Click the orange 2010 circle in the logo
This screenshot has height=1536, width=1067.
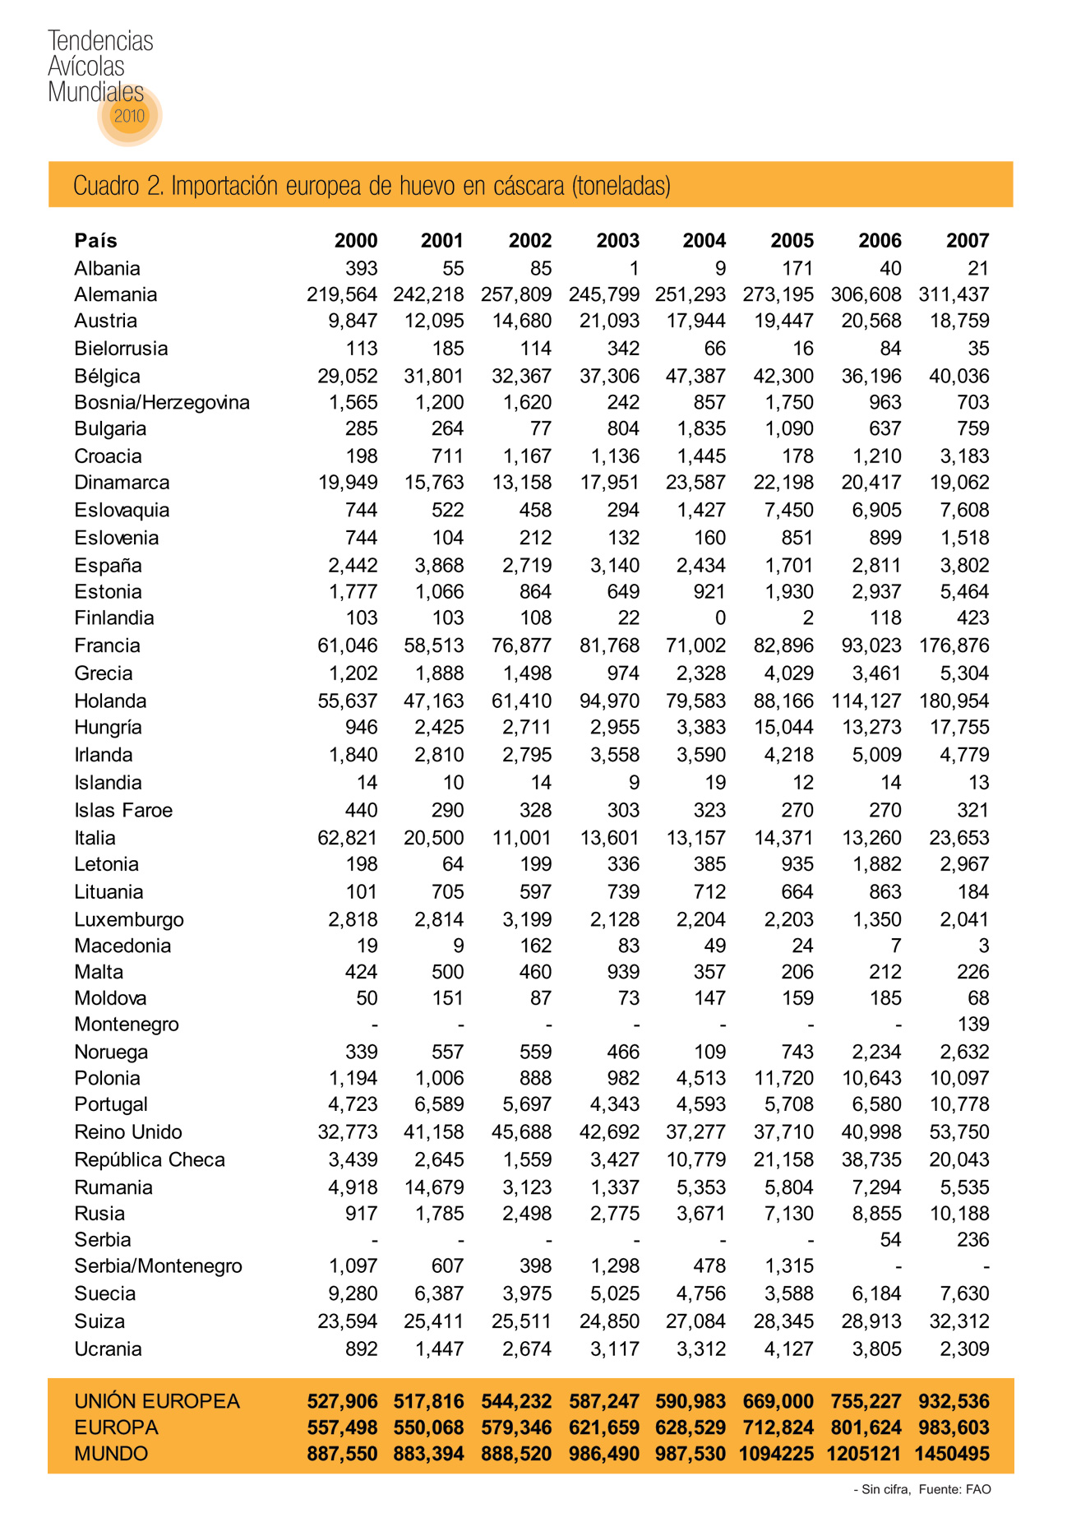point(129,116)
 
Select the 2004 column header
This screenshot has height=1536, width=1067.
point(704,241)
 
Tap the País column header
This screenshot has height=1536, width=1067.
point(95,241)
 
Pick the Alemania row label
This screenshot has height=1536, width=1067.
point(115,294)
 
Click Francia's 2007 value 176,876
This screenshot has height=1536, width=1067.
point(954,645)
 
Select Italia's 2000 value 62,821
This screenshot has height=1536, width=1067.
point(347,838)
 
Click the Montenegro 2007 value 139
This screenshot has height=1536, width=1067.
point(973,1025)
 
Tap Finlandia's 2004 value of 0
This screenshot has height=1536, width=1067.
point(720,618)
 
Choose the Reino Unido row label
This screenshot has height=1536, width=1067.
point(127,1132)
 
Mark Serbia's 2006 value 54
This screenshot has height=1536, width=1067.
point(890,1240)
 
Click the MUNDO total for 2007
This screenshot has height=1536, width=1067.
point(952,1454)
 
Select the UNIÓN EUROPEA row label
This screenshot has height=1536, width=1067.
point(156,1401)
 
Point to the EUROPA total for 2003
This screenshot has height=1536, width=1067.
point(603,1427)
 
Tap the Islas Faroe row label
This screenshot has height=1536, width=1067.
point(122,811)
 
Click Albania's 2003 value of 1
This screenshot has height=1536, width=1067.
point(634,269)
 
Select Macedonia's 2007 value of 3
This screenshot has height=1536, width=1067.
point(983,946)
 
